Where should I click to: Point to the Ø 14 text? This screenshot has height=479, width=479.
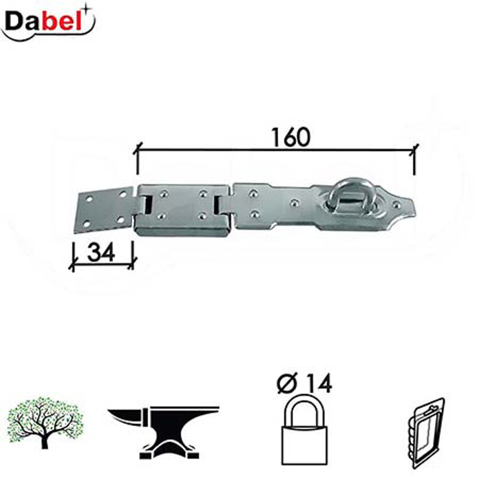(x=304, y=384)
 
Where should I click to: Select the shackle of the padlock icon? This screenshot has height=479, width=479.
(x=304, y=407)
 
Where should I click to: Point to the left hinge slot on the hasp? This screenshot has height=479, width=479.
(x=147, y=204)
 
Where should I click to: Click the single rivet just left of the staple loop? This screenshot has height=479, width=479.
(x=295, y=203)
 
